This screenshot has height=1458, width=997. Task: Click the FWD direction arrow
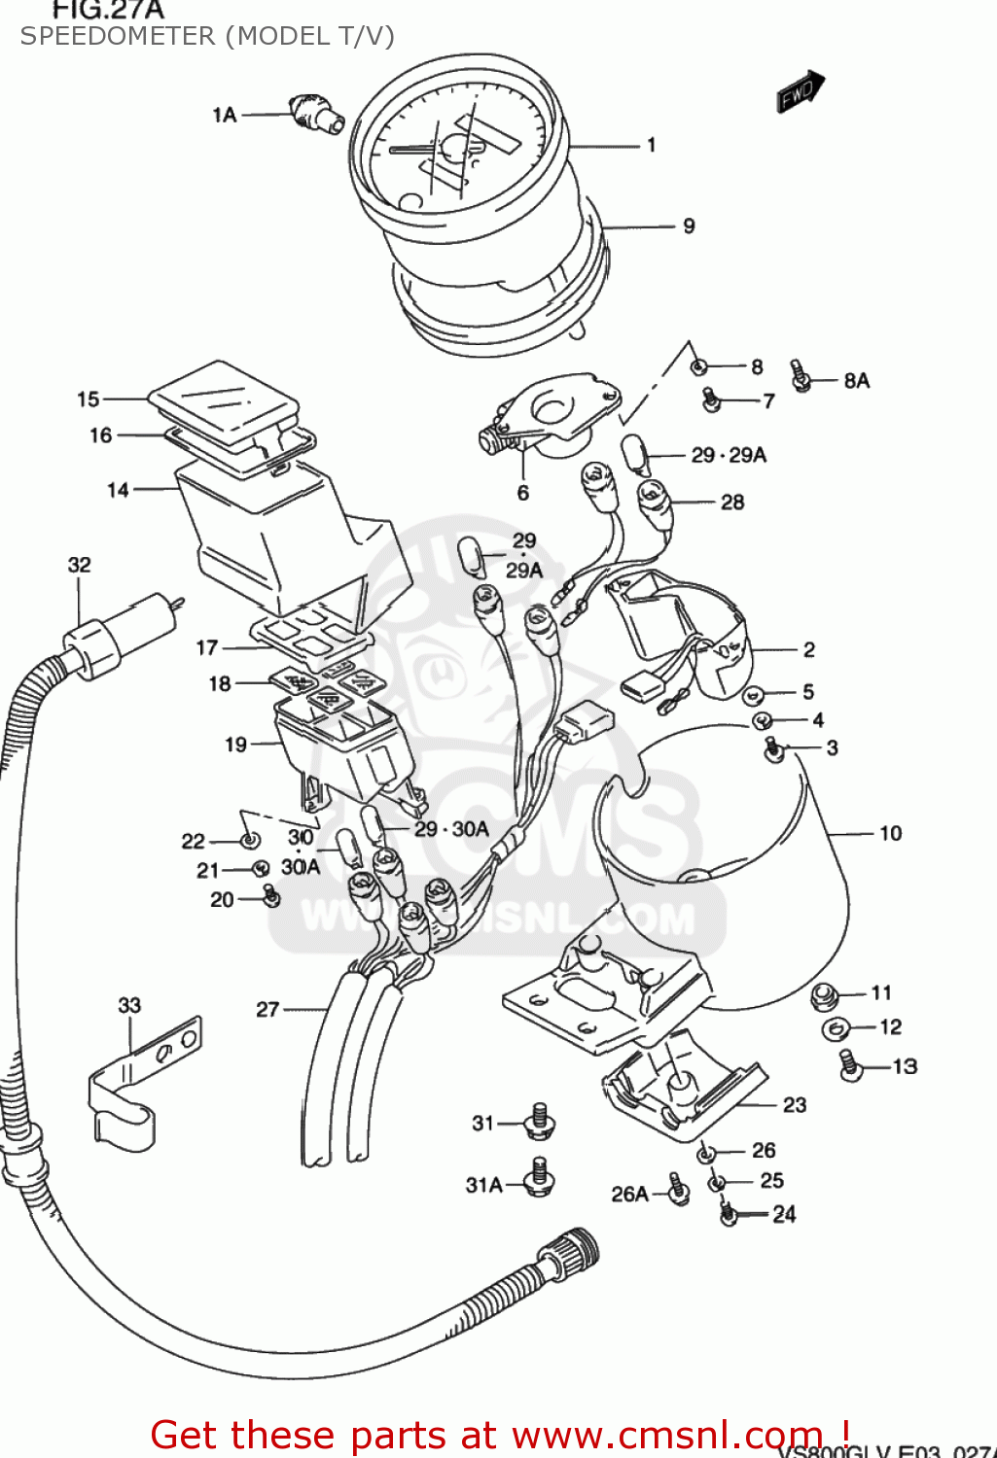click(x=800, y=92)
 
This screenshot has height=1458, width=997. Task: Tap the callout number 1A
click(x=225, y=115)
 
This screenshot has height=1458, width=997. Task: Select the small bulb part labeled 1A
click(x=316, y=114)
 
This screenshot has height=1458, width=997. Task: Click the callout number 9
click(x=689, y=226)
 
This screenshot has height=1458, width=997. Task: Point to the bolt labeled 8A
click(x=801, y=375)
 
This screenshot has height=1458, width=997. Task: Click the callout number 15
click(x=89, y=399)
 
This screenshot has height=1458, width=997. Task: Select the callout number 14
click(x=118, y=490)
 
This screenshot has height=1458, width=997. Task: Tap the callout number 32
click(x=80, y=565)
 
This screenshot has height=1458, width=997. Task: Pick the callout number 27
click(x=267, y=1010)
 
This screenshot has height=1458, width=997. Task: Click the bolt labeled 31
click(x=540, y=1122)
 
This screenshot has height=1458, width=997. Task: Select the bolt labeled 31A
click(x=540, y=1177)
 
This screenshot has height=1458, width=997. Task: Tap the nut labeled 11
click(x=825, y=994)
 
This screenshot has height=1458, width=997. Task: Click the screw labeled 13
click(x=849, y=1064)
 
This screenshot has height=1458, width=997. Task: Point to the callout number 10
click(x=890, y=833)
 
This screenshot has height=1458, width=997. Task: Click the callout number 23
click(x=795, y=1105)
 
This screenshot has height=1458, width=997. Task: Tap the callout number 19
click(x=235, y=745)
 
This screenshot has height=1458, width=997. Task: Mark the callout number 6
click(x=523, y=493)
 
